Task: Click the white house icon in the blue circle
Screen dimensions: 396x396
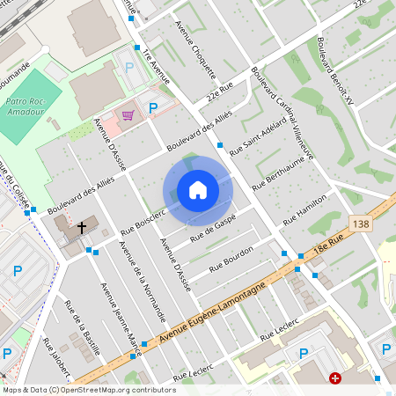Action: (x=198, y=190)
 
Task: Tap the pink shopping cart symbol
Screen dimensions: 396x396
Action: (x=128, y=114)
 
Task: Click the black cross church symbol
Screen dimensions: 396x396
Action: (x=82, y=227)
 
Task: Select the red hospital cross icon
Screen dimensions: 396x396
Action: (x=335, y=378)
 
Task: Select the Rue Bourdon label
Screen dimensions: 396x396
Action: (x=231, y=258)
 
